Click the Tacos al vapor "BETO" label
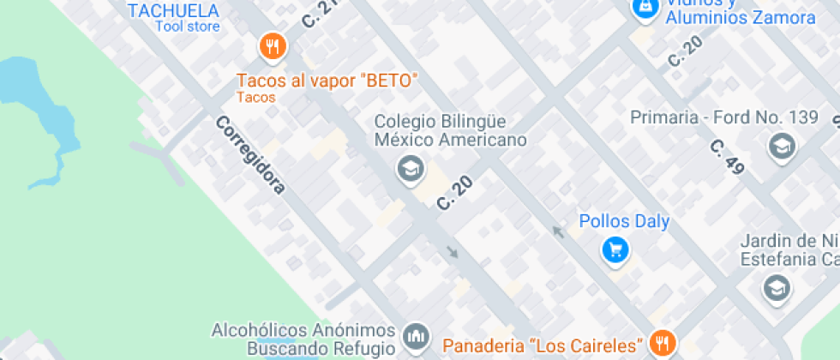pyautogui.click(x=327, y=81)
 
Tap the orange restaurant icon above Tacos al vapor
pyautogui.click(x=273, y=46)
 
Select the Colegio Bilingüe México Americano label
pyautogui.click(x=450, y=130)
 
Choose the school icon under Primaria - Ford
pyautogui.click(x=781, y=147)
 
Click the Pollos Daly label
pyautogui.click(x=624, y=221)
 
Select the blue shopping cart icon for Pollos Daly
pyautogui.click(x=615, y=250)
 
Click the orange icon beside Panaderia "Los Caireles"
pyautogui.click(x=662, y=344)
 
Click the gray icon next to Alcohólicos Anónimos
pyautogui.click(x=416, y=337)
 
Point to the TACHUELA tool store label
pyautogui.click(x=173, y=11)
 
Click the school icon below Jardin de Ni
pyautogui.click(x=776, y=288)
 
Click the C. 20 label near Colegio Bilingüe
pyautogui.click(x=456, y=191)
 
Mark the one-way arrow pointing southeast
pyautogui.click(x=453, y=252)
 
